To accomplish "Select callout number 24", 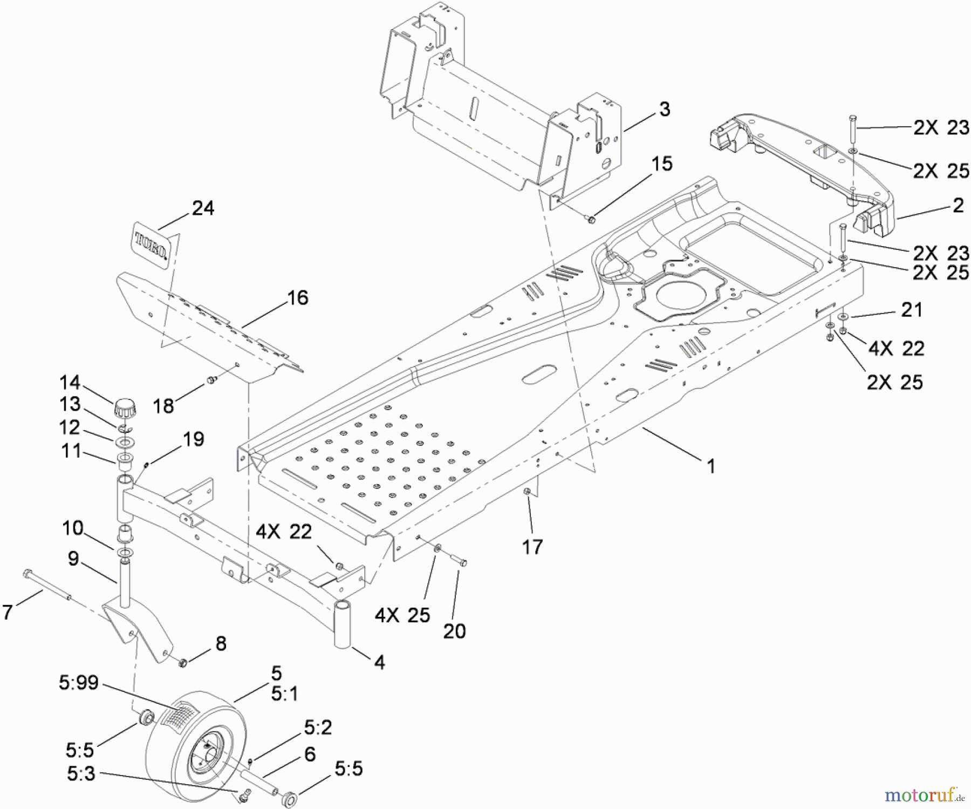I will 203,208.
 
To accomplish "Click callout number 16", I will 298,298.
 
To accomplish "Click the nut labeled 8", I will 182,662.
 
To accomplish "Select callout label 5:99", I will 79,683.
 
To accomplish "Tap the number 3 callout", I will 665,109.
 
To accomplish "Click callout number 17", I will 532,547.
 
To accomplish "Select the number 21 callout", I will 912,310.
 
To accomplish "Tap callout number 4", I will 380,662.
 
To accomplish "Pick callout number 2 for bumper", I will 958,205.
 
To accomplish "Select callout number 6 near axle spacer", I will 310,754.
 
